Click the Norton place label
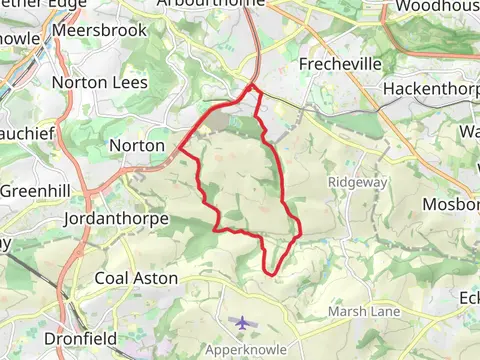[135, 146]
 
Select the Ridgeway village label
[356, 182]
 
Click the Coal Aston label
[136, 278]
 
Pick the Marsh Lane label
[364, 312]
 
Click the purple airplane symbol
[243, 322]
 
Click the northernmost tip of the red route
[253, 88]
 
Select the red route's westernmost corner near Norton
[180, 151]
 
